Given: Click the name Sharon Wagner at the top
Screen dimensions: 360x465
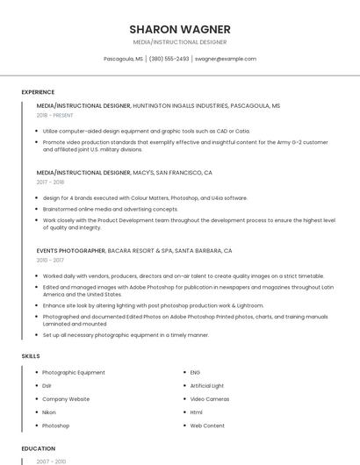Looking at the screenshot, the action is point(179,29).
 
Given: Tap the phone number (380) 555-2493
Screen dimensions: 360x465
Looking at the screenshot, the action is point(169,59).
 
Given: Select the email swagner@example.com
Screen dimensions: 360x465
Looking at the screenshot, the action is point(226,59).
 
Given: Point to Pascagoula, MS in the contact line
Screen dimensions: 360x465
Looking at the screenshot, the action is point(123,59).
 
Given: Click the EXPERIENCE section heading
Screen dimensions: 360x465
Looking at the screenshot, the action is point(38,91).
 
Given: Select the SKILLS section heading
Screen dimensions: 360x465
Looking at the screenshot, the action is point(31,355).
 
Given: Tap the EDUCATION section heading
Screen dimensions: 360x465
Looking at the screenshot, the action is point(38,448).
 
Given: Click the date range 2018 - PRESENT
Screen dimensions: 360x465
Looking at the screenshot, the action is point(55,115).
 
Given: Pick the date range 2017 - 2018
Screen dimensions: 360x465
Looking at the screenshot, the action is point(50,182).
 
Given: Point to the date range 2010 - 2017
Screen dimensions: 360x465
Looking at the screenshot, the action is point(50,260).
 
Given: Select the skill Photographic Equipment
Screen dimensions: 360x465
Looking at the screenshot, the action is point(73,372).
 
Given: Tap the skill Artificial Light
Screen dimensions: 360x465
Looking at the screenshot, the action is point(207,385).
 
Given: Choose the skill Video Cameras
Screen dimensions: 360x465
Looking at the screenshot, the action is point(209,398).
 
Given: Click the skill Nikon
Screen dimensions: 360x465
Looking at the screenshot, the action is point(49,411).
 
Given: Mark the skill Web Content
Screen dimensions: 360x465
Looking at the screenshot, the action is point(207,425).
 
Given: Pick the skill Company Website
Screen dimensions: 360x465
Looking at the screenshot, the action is point(66,398).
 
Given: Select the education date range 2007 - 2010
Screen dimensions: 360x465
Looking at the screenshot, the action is point(51,461).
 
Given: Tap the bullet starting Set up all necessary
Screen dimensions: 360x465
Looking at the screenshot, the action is point(126,334).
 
